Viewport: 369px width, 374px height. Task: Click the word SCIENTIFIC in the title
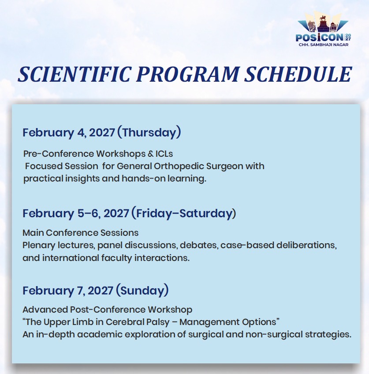[75, 74]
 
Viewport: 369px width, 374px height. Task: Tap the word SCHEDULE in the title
[298, 74]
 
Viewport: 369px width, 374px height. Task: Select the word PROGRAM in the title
[188, 74]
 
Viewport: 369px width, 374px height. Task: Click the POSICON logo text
[320, 38]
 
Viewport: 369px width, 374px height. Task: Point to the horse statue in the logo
[323, 19]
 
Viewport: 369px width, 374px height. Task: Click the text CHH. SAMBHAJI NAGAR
[324, 45]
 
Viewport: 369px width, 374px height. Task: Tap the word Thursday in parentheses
[149, 132]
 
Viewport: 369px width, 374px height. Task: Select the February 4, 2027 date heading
[69, 132]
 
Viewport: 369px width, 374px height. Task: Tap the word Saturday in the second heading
[206, 213]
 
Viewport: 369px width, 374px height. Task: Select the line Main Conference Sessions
[81, 233]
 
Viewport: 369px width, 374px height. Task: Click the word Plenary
[39, 246]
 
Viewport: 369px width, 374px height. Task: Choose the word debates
[199, 245]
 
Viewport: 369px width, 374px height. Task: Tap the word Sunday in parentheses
[142, 291]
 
